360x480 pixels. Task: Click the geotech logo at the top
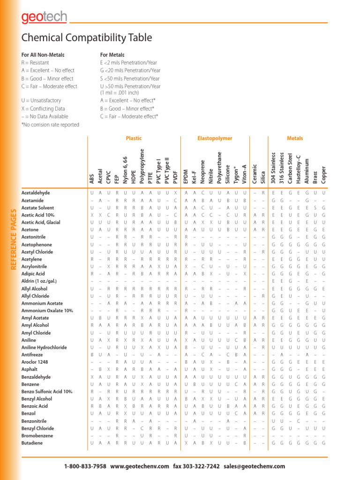pyautogui.click(x=44, y=18)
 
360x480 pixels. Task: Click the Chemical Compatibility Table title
pyautogui.click(x=87, y=38)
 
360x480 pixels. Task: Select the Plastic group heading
pyautogui.click(x=134, y=138)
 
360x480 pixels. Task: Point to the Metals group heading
pyautogui.click(x=295, y=138)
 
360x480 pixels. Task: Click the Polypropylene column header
pyautogui.click(x=142, y=165)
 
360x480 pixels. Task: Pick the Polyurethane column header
pyautogui.click(x=219, y=167)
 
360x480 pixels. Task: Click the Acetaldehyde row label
pyautogui.click(x=36, y=193)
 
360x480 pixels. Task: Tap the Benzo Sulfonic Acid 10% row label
pyautogui.click(x=47, y=391)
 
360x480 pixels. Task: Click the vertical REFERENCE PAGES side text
pyautogui.click(x=13, y=240)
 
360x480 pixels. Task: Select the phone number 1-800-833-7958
pyautogui.click(x=85, y=466)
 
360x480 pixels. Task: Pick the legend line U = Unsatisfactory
pyautogui.click(x=41, y=101)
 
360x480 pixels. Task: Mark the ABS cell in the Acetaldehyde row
pyautogui.click(x=92, y=193)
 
